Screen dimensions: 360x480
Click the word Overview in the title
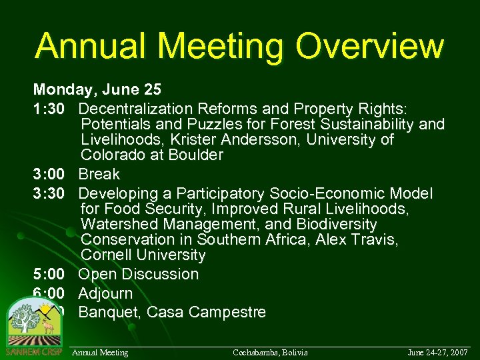coord(369,46)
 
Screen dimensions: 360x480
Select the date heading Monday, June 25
coord(97,89)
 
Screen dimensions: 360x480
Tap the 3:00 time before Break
coord(49,175)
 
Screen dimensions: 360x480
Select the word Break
coord(99,175)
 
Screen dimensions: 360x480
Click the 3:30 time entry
coord(49,194)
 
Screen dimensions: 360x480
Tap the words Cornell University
coord(143,255)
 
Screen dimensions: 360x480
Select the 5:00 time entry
coord(49,274)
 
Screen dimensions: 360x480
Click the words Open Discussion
coord(139,274)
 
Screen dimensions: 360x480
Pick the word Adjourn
coord(106,293)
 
